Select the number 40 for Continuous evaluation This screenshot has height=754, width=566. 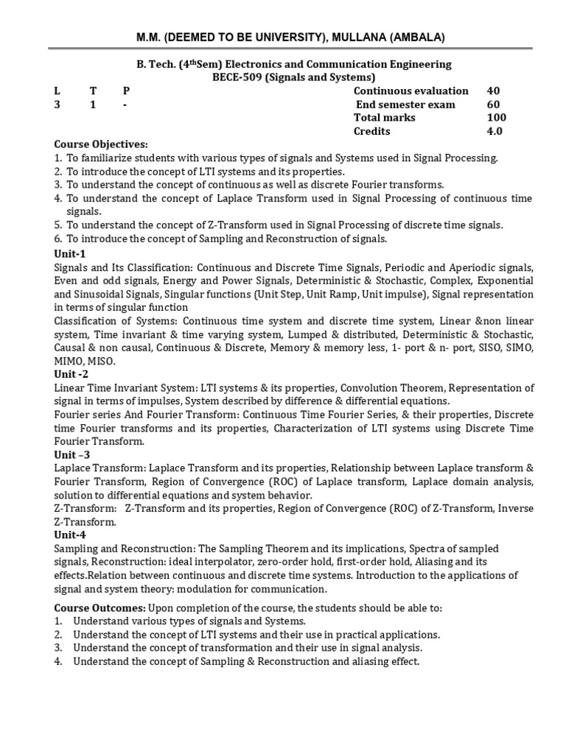(493, 91)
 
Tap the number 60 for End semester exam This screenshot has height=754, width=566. (493, 105)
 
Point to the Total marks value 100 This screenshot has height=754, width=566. (496, 118)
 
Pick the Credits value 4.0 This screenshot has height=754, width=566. (494, 131)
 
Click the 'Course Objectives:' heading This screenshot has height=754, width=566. (101, 144)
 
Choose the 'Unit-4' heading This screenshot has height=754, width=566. (71, 535)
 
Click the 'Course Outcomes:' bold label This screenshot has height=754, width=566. (100, 607)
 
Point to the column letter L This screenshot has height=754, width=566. (57, 91)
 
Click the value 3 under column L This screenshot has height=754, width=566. (57, 105)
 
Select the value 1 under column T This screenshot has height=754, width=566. (92, 105)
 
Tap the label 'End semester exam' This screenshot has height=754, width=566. (406, 105)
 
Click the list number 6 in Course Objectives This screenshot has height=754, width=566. (58, 239)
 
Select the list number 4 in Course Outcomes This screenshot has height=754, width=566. (58, 661)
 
